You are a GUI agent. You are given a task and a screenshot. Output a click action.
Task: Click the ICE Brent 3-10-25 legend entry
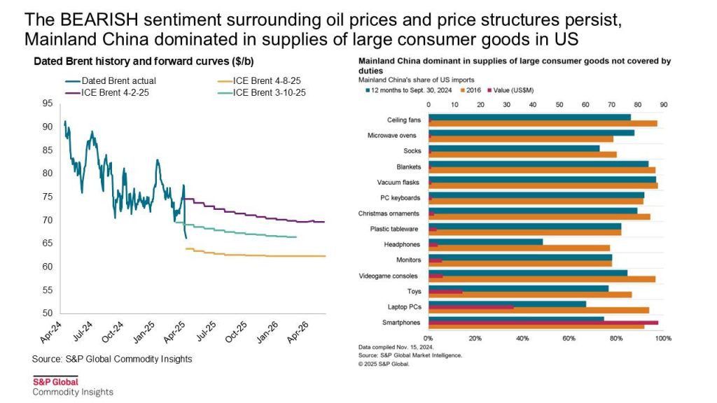pyautogui.click(x=270, y=92)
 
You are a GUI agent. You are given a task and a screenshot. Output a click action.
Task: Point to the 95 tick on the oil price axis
pyautogui.click(x=47, y=104)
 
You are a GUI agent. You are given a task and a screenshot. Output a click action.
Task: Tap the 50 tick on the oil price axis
pyautogui.click(x=47, y=313)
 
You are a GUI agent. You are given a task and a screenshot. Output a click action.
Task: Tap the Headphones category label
pyautogui.click(x=404, y=244)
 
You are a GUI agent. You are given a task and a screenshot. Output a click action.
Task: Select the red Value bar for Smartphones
pyautogui.click(x=543, y=323)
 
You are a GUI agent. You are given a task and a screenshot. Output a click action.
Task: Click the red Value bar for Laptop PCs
pyautogui.click(x=471, y=307)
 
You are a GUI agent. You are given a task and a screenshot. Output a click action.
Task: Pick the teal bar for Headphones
pyautogui.click(x=485, y=241)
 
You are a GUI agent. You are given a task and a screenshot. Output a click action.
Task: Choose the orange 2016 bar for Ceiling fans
pyautogui.click(x=543, y=124)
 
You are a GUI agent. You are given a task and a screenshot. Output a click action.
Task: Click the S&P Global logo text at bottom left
pyautogui.click(x=55, y=381)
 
